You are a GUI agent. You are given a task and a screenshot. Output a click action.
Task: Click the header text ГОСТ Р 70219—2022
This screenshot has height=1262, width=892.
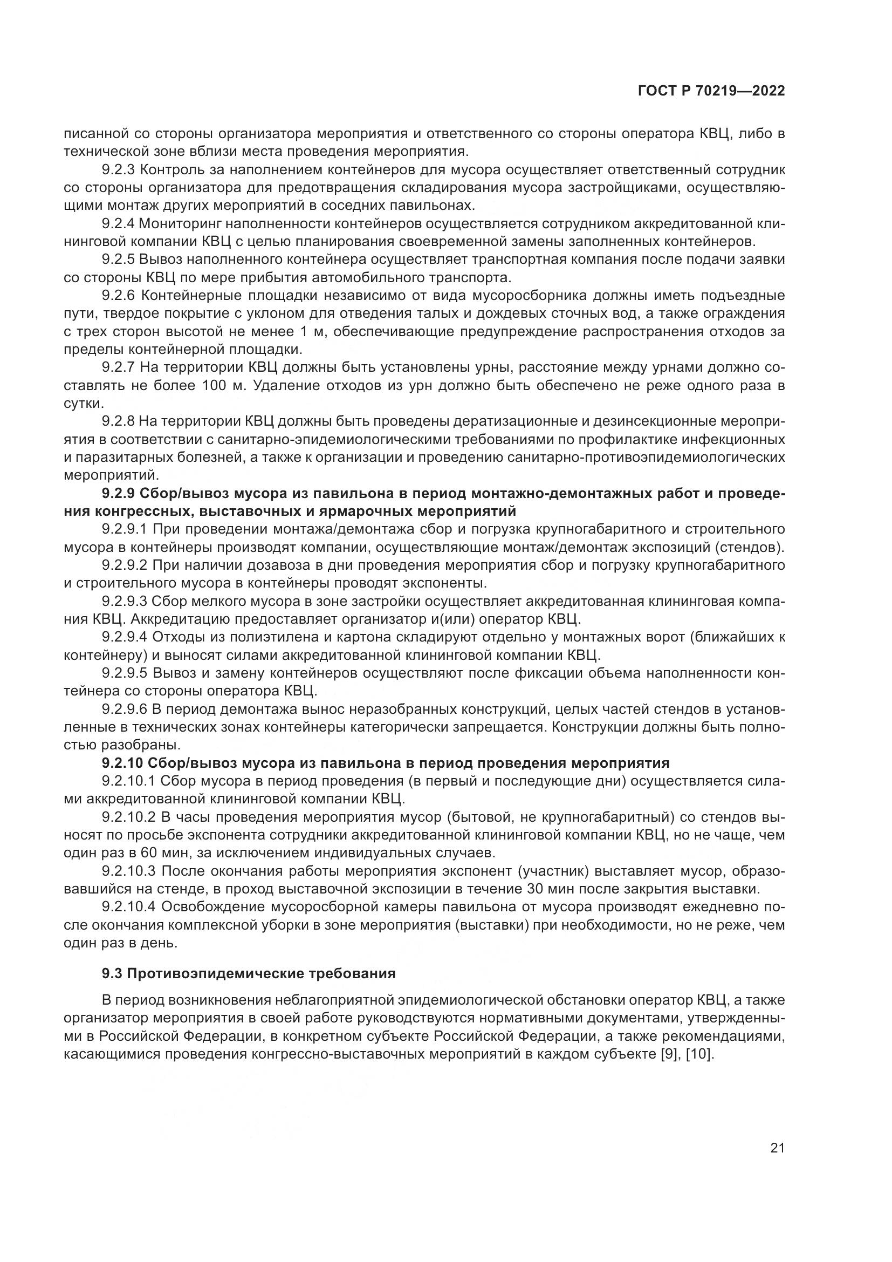point(711,91)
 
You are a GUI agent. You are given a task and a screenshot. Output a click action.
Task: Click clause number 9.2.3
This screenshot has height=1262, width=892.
point(118,170)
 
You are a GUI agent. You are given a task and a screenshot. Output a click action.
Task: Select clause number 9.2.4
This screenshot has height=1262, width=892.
point(118,224)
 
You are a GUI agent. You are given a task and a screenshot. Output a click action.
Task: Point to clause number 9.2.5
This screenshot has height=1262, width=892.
point(118,260)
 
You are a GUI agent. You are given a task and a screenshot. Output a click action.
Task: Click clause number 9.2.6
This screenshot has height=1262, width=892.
point(118,296)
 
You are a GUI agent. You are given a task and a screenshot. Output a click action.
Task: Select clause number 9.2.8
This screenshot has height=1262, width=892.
point(118,421)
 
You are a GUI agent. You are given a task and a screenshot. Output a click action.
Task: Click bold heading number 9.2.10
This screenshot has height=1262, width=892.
point(123,763)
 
